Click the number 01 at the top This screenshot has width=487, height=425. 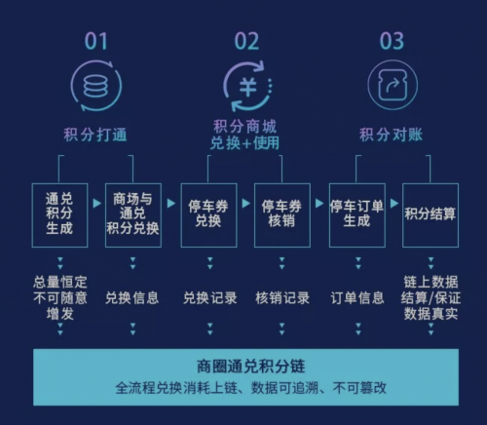[95, 41]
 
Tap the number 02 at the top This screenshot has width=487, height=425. [246, 41]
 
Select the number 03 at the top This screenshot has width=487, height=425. [392, 41]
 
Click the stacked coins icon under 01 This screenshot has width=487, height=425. [96, 86]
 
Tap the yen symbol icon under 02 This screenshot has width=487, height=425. [248, 87]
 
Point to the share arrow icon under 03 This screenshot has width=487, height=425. [393, 85]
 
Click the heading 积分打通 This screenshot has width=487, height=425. [95, 135]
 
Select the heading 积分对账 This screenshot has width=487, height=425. [391, 135]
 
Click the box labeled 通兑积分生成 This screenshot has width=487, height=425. [59, 215]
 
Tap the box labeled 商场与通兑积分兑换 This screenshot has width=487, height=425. [133, 215]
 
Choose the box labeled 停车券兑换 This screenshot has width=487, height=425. [208, 215]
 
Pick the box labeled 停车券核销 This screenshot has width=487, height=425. [282, 215]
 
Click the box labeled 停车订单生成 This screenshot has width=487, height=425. [357, 215]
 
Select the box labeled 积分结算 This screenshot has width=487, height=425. [431, 215]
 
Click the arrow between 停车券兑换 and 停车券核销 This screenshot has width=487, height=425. [246, 204]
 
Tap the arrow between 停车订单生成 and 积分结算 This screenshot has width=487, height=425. [394, 204]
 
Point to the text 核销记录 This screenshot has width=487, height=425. [282, 298]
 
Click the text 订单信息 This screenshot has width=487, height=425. [357, 298]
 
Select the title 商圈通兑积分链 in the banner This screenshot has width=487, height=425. [250, 367]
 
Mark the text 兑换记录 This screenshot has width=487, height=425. [209, 298]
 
